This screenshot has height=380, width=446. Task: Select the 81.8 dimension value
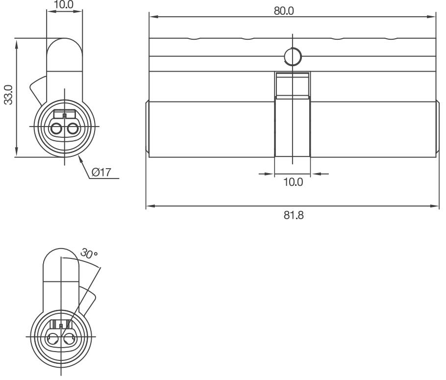tap(294, 215)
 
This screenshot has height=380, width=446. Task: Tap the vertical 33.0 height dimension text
tap(8, 94)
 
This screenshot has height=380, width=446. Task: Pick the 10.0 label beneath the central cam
tap(294, 182)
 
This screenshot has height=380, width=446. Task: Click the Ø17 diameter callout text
tap(101, 172)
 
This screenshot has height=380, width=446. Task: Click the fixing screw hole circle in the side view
tap(292, 57)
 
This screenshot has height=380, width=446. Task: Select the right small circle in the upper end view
tap(74, 129)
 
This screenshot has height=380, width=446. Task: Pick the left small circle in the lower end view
tap(52, 338)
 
